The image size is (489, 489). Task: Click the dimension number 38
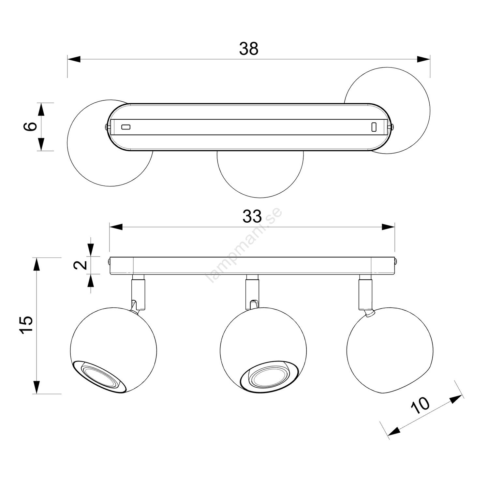pyautogui.click(x=248, y=49)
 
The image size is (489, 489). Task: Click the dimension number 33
pyautogui.click(x=252, y=216)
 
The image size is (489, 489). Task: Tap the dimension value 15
pyautogui.click(x=26, y=324)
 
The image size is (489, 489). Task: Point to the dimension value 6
pyautogui.click(x=30, y=126)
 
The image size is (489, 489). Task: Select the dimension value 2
pyautogui.click(x=81, y=265)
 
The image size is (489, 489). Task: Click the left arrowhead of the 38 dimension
pyautogui.click(x=74, y=59)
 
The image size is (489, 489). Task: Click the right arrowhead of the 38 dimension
pyautogui.click(x=423, y=59)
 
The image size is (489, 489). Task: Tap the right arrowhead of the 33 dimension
pyautogui.click(x=388, y=227)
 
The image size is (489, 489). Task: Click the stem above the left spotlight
pyautogui.click(x=138, y=291)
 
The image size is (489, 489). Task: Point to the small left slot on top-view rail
pyautogui.click(x=126, y=127)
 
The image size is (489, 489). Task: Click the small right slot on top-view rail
pyautogui.click(x=374, y=127)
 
